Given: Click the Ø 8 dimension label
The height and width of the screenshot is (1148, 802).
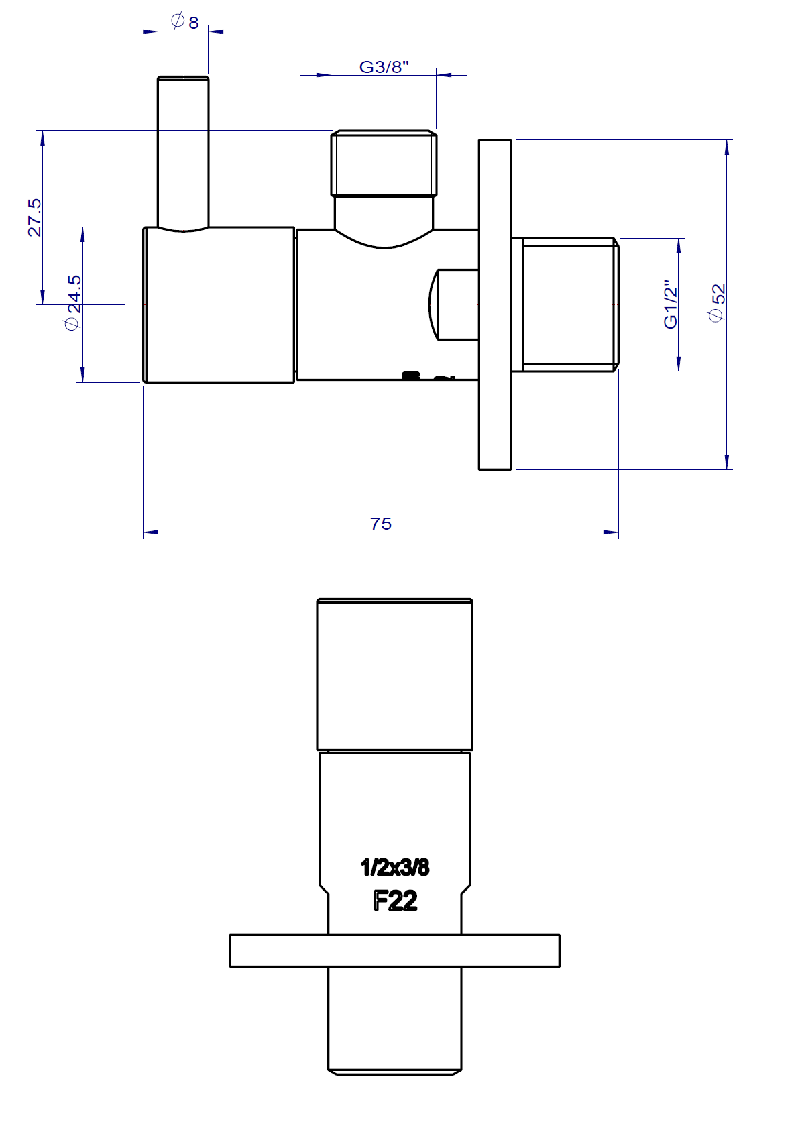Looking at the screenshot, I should point(186,22).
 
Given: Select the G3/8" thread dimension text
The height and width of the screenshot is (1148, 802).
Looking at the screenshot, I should point(384,67).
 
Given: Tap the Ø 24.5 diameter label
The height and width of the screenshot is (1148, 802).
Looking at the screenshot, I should point(73,302).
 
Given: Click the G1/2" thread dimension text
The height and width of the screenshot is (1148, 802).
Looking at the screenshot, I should point(671,304).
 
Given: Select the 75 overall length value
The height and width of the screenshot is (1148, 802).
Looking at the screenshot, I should point(380,524).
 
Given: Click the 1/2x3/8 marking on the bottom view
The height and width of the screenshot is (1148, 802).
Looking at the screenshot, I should point(395,867).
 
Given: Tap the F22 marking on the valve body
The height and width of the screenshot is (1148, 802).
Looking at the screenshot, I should point(395,900).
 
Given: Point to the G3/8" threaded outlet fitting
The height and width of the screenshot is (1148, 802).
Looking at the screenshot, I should point(384,164).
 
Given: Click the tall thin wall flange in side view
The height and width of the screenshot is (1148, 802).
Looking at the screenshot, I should point(495,304).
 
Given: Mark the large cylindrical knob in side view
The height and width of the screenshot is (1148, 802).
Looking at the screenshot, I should point(219,305).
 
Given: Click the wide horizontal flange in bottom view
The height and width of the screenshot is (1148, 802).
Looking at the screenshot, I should point(394,950).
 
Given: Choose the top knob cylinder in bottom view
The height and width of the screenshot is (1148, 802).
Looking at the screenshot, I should point(394,674).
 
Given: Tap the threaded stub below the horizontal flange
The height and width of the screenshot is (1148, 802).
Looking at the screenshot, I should point(394,1019).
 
